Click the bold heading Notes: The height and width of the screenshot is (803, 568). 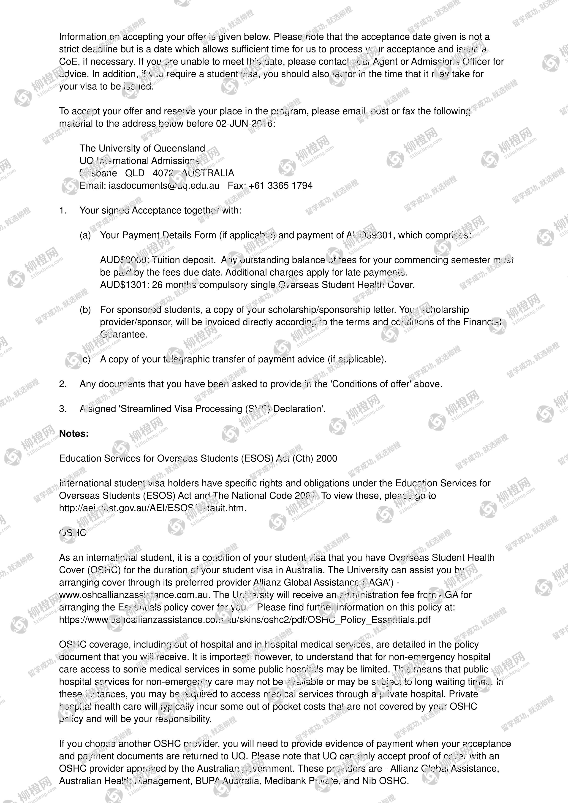click(74, 434)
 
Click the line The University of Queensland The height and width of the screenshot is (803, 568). click(142, 148)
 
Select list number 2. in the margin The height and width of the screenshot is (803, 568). click(63, 384)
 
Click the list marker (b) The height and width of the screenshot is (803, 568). click(85, 310)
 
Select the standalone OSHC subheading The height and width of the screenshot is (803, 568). click(73, 533)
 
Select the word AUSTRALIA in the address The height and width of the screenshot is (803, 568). click(208, 173)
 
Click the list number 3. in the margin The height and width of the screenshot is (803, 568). click(63, 409)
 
